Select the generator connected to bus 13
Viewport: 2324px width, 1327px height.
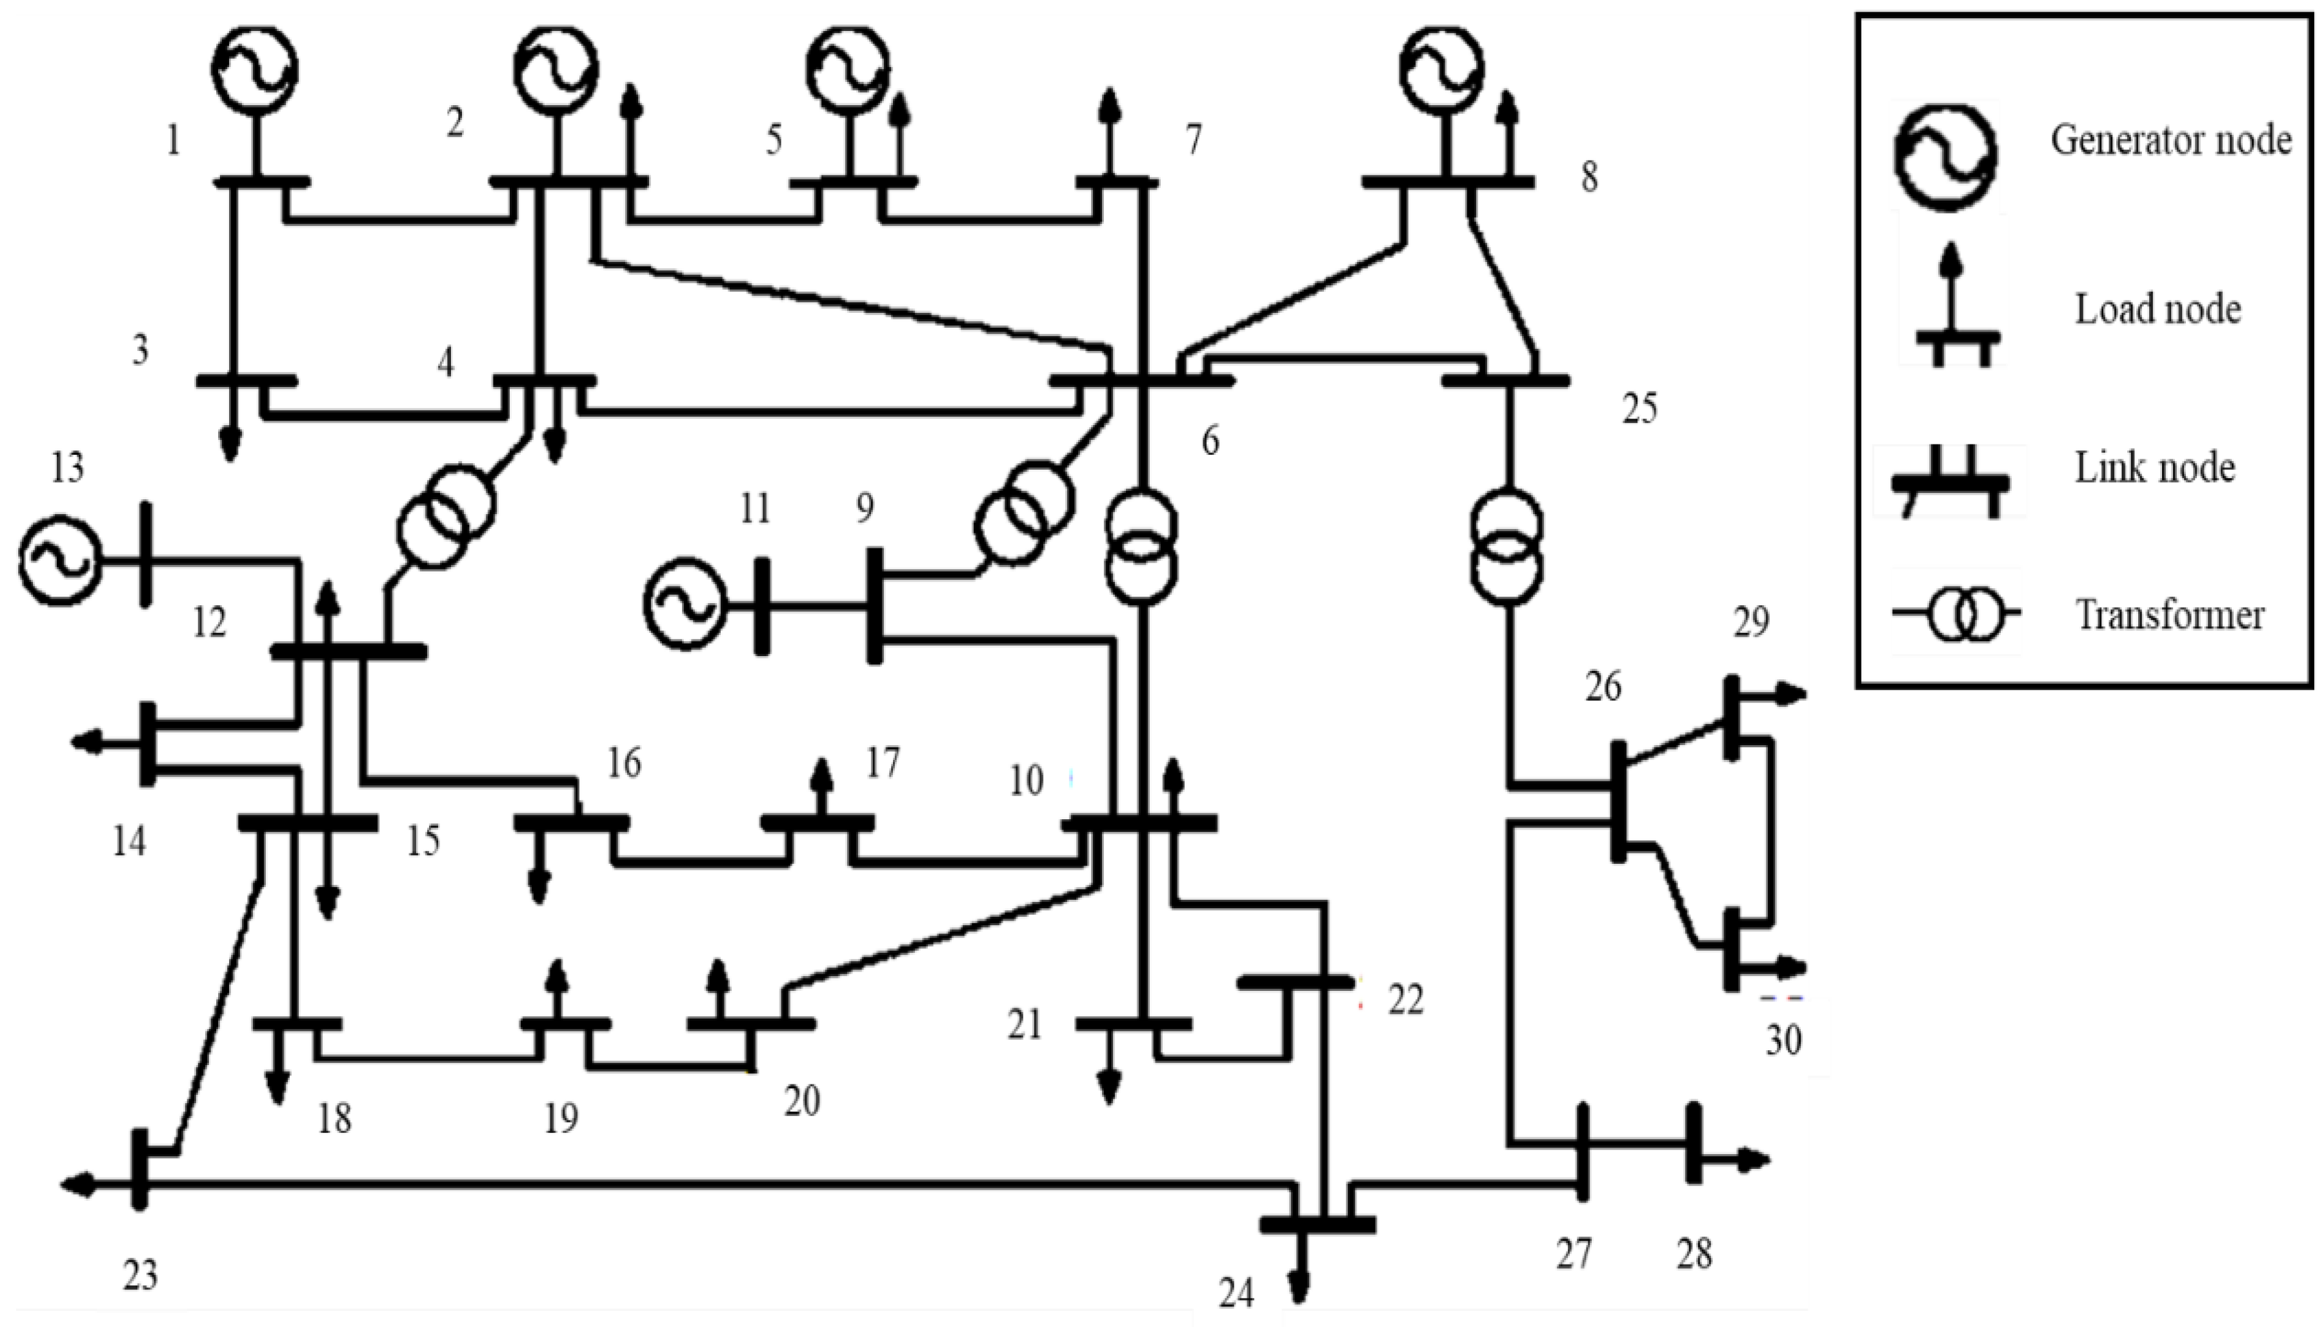pyautogui.click(x=58, y=561)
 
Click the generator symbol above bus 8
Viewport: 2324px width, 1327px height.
pyautogui.click(x=1443, y=69)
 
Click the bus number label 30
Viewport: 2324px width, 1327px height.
pyautogui.click(x=1783, y=1040)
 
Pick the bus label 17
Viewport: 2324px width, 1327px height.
pyautogui.click(x=882, y=762)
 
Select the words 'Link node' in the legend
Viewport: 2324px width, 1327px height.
pyautogui.click(x=2154, y=468)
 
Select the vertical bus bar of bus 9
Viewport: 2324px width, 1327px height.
pyautogui.click(x=874, y=605)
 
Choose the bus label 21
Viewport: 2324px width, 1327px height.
pyautogui.click(x=1025, y=1025)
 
